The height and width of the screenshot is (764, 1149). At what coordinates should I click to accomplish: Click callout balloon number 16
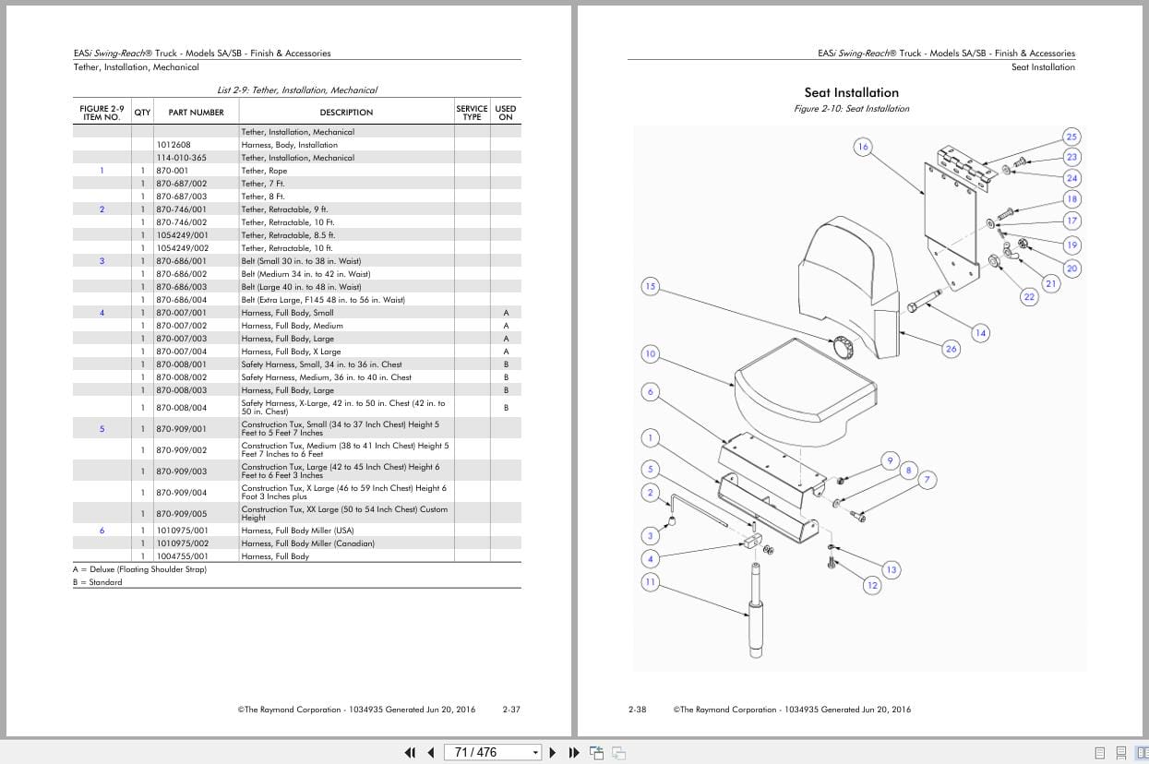coord(863,147)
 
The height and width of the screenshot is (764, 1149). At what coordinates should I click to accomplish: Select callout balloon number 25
coord(1071,137)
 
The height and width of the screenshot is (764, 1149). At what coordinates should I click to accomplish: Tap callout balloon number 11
coord(650,582)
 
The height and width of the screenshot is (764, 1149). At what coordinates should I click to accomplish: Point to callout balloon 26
coord(952,348)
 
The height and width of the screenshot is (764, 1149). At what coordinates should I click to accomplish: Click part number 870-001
coord(172,171)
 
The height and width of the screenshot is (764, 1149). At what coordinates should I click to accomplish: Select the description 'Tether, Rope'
coord(264,171)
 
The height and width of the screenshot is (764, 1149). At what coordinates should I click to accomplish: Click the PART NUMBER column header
coord(196,113)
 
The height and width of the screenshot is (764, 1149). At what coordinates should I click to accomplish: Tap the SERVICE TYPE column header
coord(472,113)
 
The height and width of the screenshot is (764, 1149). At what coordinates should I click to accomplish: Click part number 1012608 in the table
coord(174,145)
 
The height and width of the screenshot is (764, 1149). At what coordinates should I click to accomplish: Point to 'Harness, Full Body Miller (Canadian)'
coord(308,543)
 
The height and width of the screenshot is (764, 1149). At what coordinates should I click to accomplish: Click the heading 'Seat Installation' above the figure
coord(851,92)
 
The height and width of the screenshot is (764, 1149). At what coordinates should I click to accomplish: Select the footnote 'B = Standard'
coord(98,582)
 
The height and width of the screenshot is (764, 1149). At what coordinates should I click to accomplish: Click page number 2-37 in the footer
coord(511,710)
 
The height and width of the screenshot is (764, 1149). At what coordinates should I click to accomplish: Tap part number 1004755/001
coord(182,556)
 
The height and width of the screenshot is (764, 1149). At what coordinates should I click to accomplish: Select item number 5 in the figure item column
coord(102,429)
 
